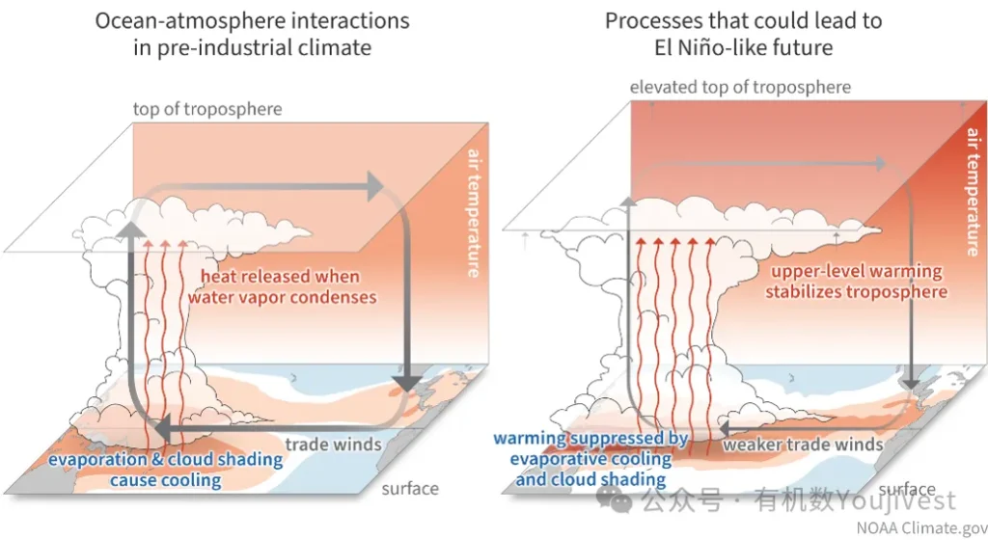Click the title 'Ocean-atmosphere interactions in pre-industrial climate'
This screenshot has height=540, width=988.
[252, 34]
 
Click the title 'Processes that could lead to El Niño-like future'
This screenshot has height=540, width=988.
[744, 34]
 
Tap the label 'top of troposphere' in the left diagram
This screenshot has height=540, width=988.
[207, 109]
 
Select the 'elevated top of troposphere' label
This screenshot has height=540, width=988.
[740, 87]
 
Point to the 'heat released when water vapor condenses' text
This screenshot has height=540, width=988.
[282, 286]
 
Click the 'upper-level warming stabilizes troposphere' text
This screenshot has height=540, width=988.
[857, 282]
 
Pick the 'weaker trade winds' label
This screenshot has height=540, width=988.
[803, 445]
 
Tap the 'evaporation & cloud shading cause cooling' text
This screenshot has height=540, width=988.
[166, 470]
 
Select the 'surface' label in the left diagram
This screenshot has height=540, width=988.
[410, 488]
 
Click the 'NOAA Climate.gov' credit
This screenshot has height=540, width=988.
[921, 527]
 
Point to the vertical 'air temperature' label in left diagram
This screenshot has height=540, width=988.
[474, 213]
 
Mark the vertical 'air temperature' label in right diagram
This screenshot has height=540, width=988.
[974, 191]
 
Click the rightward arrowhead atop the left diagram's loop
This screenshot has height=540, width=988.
[375, 187]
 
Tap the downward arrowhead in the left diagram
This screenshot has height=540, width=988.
[407, 384]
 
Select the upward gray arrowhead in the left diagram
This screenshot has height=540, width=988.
[131, 229]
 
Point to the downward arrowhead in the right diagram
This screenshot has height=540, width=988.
[911, 384]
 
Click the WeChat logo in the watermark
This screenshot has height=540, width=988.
[614, 500]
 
